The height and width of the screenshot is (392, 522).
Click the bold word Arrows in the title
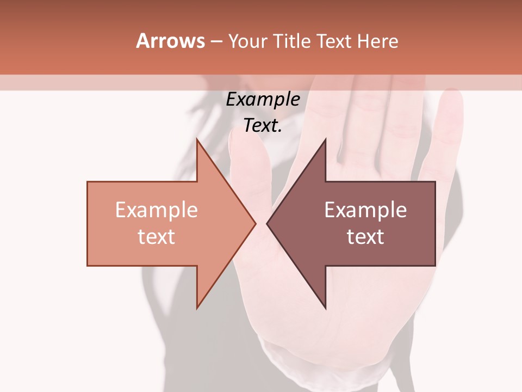point(170,41)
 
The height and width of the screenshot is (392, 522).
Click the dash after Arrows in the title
point(216,41)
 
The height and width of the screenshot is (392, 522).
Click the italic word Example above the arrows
point(263,99)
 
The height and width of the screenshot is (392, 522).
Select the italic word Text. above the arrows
point(263,126)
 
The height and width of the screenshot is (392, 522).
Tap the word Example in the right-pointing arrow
point(156,210)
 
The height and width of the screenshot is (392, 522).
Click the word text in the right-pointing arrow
point(156,236)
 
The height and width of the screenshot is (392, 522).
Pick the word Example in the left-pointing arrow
point(365,210)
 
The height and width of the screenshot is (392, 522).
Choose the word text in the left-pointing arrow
point(365,236)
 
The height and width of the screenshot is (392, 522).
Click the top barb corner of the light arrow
point(197,140)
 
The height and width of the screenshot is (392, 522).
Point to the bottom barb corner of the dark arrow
point(325,308)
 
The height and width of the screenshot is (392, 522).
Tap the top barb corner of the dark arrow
point(325,140)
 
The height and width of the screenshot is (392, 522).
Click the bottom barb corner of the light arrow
point(197,308)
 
